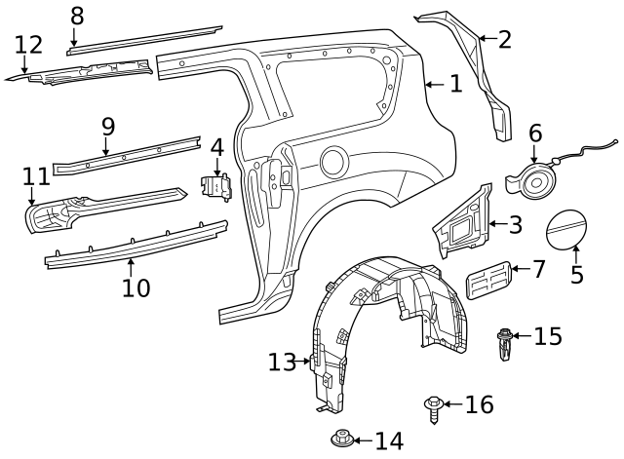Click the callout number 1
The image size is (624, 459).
455,84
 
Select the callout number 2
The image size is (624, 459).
504,39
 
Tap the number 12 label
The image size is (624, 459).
29,45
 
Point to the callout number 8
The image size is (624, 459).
76,16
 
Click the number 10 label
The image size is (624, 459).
136,287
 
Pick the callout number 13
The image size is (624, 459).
281,363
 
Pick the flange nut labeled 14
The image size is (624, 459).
341,440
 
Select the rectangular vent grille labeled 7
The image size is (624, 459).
489,281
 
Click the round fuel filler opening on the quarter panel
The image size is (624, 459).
333,161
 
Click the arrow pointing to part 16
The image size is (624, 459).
452,404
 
